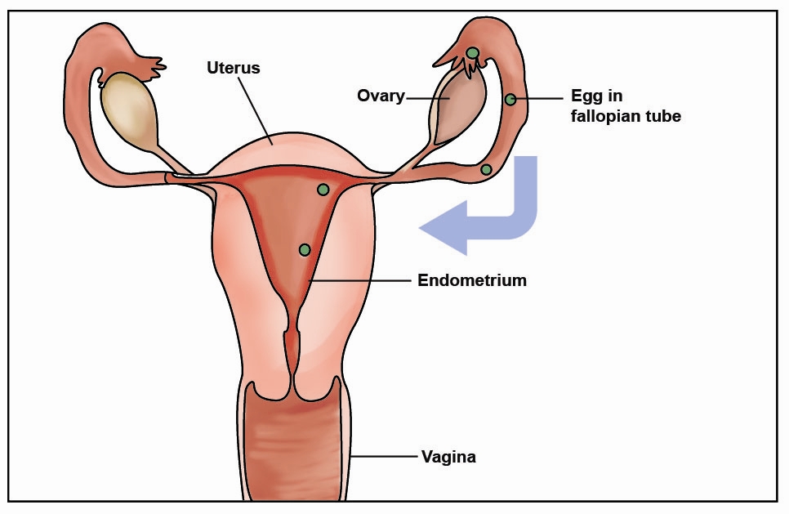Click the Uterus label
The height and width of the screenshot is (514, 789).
click(x=234, y=68)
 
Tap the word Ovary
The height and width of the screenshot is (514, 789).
click(x=381, y=96)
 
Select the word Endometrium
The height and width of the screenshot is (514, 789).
click(x=472, y=280)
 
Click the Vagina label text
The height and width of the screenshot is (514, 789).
click(x=448, y=457)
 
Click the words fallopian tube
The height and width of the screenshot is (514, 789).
click(x=626, y=116)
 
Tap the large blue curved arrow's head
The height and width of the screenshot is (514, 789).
click(x=443, y=227)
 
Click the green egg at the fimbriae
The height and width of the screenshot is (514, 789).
click(x=472, y=52)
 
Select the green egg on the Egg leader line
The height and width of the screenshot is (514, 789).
click(x=510, y=99)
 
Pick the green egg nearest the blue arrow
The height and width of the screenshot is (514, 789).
click(x=486, y=169)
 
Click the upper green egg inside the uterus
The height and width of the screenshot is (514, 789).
click(x=323, y=190)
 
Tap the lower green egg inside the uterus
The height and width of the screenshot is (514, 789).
click(x=305, y=249)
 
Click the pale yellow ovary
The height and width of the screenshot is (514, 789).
click(x=129, y=112)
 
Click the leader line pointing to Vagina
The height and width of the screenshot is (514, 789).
click(x=385, y=457)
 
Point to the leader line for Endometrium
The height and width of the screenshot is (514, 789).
click(x=361, y=280)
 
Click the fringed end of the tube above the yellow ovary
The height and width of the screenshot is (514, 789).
click(x=150, y=68)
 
